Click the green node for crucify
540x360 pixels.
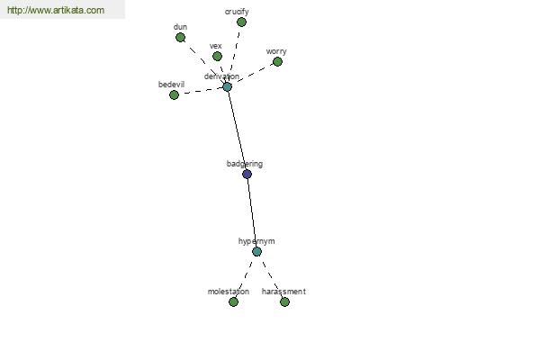241,22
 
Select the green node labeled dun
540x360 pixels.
180,38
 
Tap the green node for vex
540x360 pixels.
217,56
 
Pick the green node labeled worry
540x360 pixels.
277,62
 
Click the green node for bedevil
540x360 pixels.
174,94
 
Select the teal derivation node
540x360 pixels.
227,86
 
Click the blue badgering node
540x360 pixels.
247,174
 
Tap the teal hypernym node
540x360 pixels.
256,251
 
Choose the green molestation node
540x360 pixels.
233,302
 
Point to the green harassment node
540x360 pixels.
284,302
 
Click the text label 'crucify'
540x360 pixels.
237,12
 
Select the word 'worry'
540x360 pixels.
276,51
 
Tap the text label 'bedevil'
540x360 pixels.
171,84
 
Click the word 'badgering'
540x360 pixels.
245,164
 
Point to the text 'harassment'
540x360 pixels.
283,292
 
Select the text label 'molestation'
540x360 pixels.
229,292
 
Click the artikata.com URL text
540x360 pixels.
56,10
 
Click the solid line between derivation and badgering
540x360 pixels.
237,130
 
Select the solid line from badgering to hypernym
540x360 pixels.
252,212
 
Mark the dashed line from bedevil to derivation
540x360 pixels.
201,91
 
